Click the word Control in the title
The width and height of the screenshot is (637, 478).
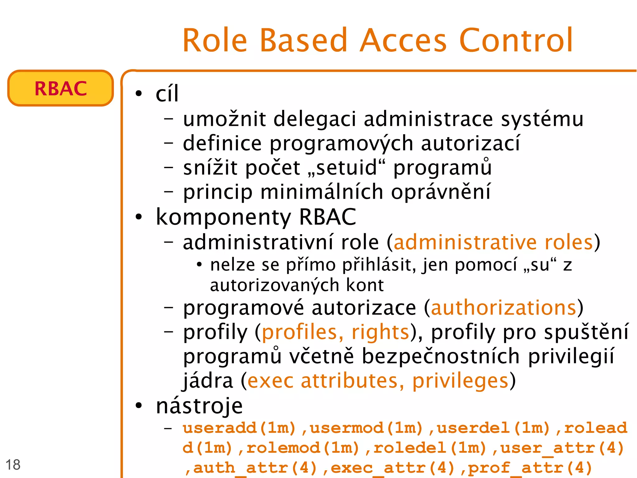point(516,40)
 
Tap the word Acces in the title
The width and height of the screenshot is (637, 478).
point(403,40)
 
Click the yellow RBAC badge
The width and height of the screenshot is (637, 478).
point(61,88)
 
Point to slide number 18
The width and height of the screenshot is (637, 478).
point(13,465)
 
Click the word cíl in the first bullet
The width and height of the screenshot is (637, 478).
point(167,94)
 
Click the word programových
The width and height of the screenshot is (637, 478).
point(341,144)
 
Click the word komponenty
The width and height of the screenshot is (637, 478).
point(223,217)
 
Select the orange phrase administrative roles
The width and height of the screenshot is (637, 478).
point(493,243)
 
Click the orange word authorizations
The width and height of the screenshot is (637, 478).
point(504,308)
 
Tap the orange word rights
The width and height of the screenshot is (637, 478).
point(380,332)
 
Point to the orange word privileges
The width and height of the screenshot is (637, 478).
point(460,381)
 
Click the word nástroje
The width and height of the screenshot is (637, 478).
point(199,406)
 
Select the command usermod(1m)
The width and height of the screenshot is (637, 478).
point(366,428)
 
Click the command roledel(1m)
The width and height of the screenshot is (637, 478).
point(430,448)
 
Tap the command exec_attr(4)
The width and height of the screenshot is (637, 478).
point(393,468)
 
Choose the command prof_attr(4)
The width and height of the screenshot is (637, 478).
point(530,468)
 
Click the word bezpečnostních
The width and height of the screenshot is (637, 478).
point(441,357)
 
